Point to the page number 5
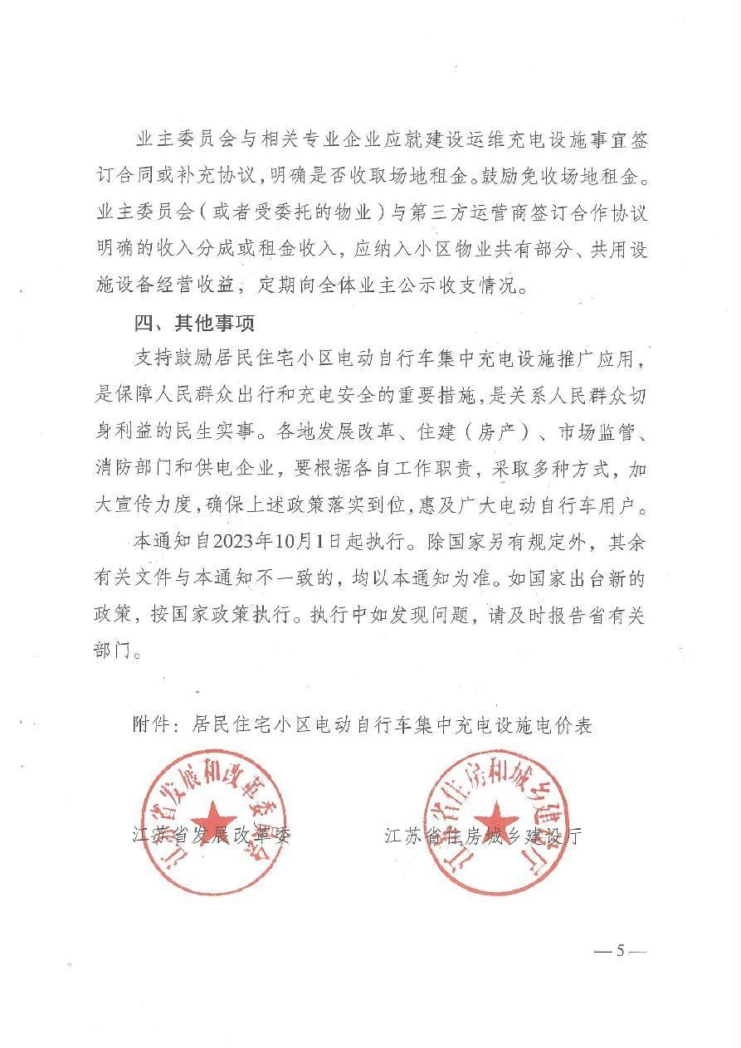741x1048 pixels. pyautogui.click(x=619, y=950)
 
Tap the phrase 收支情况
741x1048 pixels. pyautogui.click(x=487, y=287)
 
